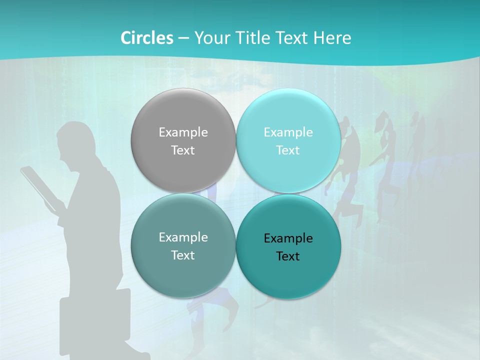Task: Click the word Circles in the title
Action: coord(146,38)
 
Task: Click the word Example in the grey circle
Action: coord(183,132)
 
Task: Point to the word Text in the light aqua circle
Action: coord(288,150)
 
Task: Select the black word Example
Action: coord(288,238)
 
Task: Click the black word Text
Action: coord(288,256)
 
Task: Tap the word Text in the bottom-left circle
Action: coord(183,255)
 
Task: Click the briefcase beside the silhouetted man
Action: coord(95,320)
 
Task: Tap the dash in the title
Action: coord(183,38)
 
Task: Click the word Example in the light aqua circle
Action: coord(288,132)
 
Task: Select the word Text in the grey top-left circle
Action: coord(183,150)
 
